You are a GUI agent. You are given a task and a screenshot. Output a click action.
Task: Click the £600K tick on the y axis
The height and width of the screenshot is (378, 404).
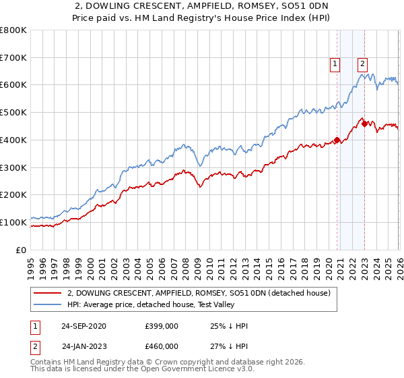(x=13, y=85)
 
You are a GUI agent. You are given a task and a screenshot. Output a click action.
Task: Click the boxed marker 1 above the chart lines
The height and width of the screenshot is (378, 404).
(x=335, y=64)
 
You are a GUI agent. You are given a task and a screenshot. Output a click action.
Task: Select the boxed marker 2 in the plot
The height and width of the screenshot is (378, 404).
(x=362, y=64)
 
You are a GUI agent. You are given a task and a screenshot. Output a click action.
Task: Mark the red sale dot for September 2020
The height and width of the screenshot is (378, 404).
(x=336, y=140)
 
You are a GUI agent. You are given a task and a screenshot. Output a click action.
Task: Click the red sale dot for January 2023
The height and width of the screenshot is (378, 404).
(x=364, y=124)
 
